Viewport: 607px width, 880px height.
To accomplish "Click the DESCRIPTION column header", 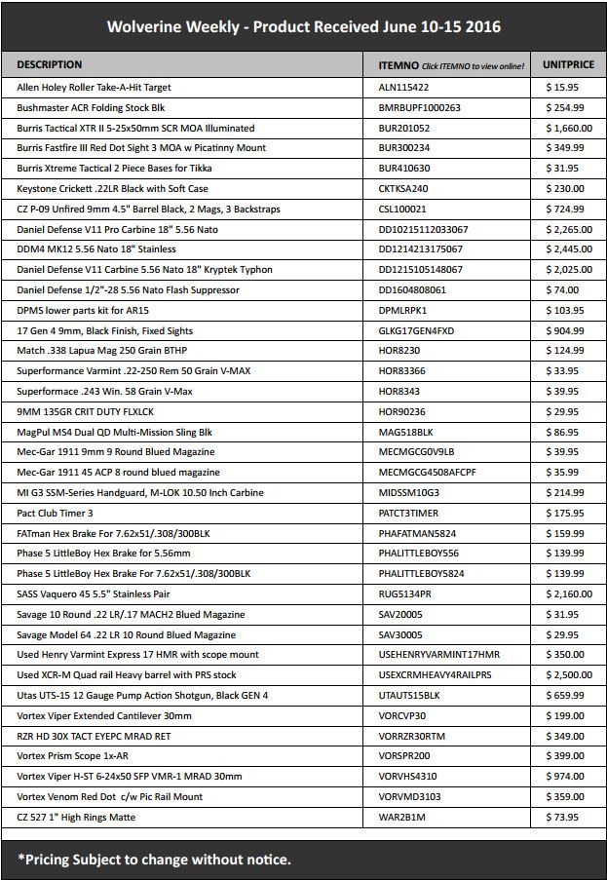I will pos(50,64).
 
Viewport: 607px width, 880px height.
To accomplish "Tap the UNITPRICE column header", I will pos(567,64).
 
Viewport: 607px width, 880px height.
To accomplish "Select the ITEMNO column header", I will pos(398,64).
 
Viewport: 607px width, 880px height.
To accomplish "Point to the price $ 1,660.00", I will pos(569,128).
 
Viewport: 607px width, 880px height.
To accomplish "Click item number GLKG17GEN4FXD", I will pos(417,330).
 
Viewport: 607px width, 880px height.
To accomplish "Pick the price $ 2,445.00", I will pos(569,249).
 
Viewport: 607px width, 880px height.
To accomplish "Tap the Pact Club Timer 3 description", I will pos(56,513).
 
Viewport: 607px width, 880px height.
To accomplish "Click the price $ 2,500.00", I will pos(569,674).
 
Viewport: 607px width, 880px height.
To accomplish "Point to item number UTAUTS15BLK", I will pos(409,695).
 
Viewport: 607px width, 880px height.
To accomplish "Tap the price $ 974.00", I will pos(565,776).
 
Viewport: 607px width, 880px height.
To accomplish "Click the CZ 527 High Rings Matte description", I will pos(77,817).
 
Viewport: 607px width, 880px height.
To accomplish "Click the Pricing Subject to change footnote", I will pos(154,859).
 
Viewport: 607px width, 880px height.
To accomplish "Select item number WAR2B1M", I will pos(402,817).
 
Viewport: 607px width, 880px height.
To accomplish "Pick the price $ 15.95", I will pos(563,88).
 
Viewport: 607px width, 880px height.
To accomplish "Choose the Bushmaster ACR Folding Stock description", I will pos(91,108).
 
